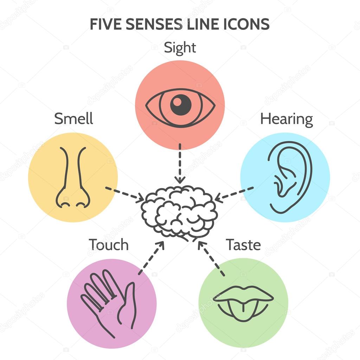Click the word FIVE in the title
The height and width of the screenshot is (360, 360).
[x=103, y=24]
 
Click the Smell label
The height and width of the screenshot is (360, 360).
[x=73, y=118]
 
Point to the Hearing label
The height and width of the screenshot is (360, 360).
[x=286, y=120]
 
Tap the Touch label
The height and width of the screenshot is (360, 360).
[x=108, y=245]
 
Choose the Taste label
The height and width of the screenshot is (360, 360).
[x=243, y=245]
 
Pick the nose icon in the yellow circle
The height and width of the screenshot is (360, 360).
[x=73, y=178]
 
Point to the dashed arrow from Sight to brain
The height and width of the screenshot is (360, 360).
[x=180, y=163]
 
